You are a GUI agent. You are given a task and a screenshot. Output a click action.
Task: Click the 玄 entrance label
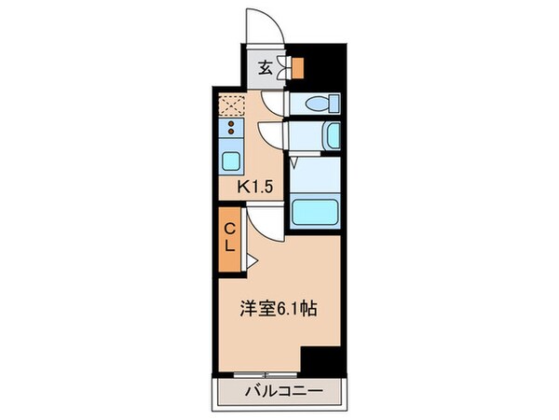pos(264,66)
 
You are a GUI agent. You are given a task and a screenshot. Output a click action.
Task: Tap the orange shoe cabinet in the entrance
pos(298,67)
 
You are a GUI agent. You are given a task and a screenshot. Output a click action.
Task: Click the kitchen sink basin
pos(230,158)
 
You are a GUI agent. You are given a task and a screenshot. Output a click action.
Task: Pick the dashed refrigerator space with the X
pos(230,103)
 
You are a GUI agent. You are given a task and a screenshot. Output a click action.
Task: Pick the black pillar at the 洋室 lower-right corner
pos(322,359)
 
